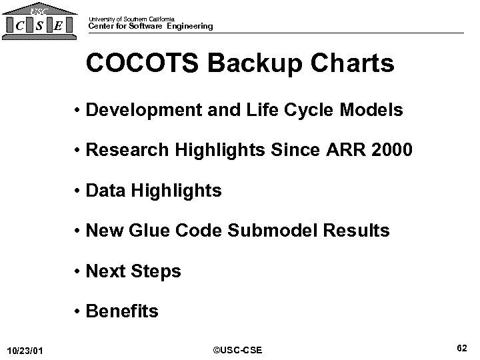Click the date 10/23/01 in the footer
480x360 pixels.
pyautogui.click(x=25, y=350)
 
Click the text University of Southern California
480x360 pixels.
pyautogui.click(x=131, y=18)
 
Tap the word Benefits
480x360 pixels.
pyautogui.click(x=123, y=311)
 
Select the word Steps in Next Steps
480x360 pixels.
pyautogui.click(x=157, y=271)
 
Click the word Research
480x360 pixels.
pyautogui.click(x=127, y=151)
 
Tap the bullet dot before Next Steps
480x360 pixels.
pyautogui.click(x=80, y=272)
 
